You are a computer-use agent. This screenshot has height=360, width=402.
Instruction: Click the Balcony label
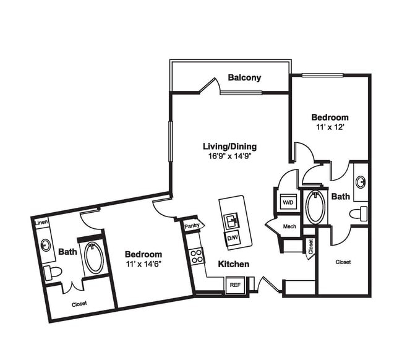pyautogui.click(x=244, y=78)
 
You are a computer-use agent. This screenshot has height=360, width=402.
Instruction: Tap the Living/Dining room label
pyautogui.click(x=229, y=147)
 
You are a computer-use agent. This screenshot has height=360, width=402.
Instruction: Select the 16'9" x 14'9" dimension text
pyautogui.click(x=229, y=156)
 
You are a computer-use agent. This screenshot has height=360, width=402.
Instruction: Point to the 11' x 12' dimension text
pyautogui.click(x=329, y=127)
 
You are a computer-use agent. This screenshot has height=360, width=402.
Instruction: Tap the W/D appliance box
pyautogui.click(x=288, y=202)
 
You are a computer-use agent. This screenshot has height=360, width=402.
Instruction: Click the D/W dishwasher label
pyautogui.click(x=233, y=238)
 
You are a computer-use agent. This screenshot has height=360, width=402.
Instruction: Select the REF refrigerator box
pyautogui.click(x=234, y=285)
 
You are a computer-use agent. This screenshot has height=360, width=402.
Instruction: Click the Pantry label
pyautogui.click(x=192, y=226)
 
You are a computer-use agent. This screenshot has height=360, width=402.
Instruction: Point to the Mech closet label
pyautogui.click(x=289, y=226)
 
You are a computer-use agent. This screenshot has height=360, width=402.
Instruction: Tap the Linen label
pyautogui.click(x=41, y=223)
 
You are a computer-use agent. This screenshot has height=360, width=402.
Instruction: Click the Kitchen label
pyautogui.click(x=233, y=264)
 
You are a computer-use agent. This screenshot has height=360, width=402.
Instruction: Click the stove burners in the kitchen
pyautogui.click(x=197, y=255)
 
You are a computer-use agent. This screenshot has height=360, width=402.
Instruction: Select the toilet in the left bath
pyautogui.click(x=54, y=272)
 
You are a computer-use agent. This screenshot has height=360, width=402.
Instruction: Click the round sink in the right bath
pyautogui.click(x=361, y=182)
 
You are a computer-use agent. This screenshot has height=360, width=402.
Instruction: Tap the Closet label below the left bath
pyautogui.click(x=79, y=304)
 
